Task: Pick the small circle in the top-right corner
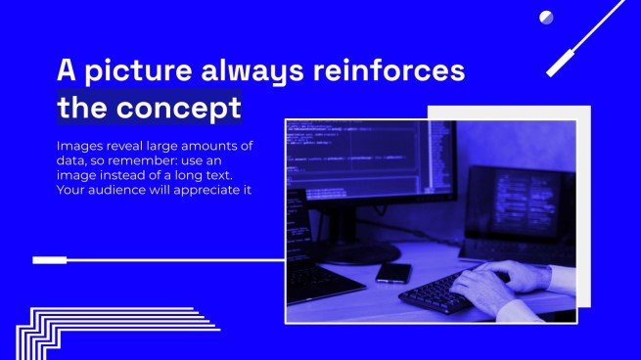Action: click(x=546, y=17)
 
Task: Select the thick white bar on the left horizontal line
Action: click(x=49, y=260)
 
